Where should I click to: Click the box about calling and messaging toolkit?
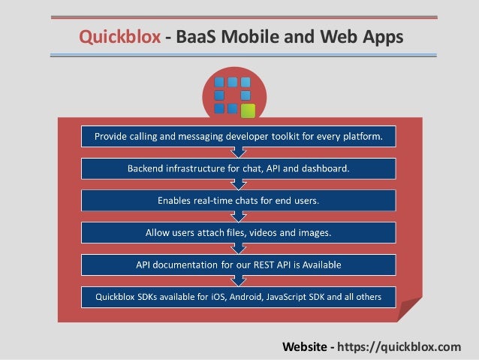coord(239,137)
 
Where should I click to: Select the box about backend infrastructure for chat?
coord(239,168)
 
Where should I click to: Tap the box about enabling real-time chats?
coord(239,201)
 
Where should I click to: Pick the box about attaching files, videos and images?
coord(239,233)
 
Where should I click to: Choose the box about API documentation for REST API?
coord(239,265)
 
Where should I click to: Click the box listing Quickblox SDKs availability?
coord(239,298)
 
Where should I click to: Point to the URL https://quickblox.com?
coord(399,346)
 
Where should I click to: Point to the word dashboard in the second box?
coord(324,168)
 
